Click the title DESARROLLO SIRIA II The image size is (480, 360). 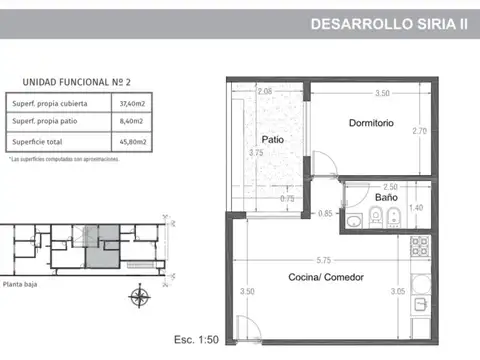[x=389, y=23]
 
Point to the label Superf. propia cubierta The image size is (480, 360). [x=50, y=104]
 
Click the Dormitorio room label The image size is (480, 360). [x=371, y=124]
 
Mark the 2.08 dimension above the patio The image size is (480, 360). [x=264, y=92]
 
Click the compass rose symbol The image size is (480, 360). [x=139, y=296]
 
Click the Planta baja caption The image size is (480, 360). [x=23, y=285]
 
